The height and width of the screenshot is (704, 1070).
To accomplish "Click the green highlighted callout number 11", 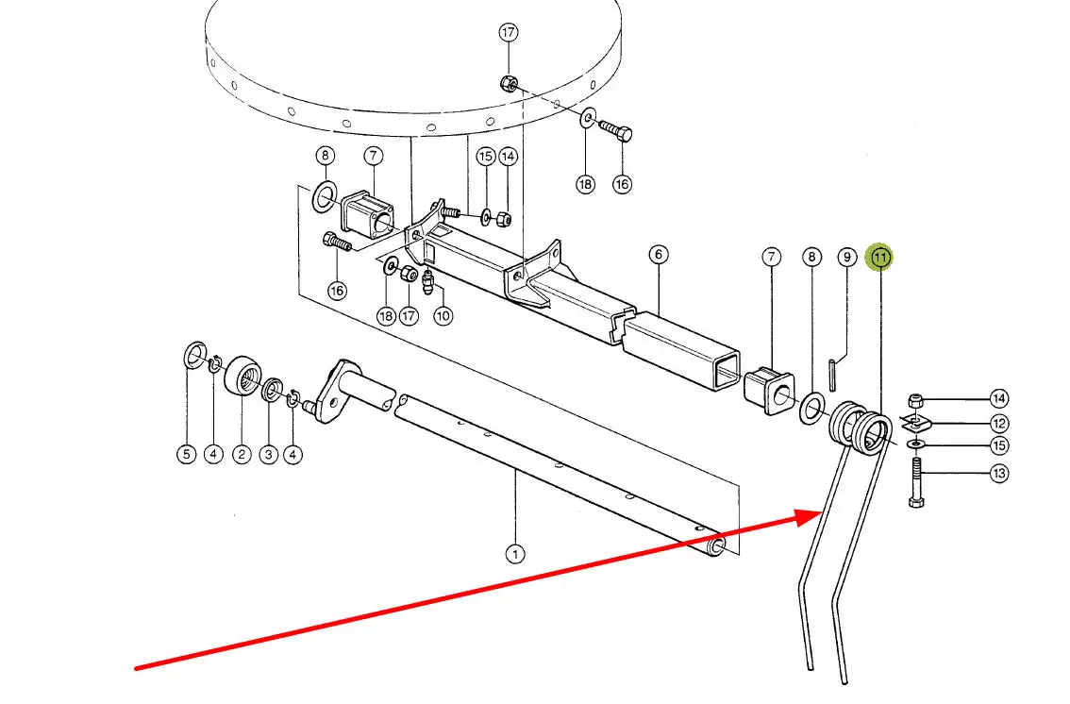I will click(x=880, y=257).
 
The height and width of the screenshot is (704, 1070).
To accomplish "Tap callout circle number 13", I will click(x=999, y=474).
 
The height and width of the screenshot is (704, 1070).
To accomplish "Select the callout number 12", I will click(x=999, y=424).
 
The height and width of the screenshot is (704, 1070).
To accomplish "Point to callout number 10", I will click(x=443, y=315).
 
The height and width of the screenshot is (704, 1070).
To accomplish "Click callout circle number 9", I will click(x=846, y=257).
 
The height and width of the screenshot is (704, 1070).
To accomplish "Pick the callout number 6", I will click(x=659, y=255).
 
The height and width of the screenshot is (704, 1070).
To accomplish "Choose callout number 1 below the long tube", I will click(x=514, y=555).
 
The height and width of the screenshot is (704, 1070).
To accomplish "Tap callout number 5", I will click(x=187, y=455).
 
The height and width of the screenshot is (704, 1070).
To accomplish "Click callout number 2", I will click(x=242, y=455).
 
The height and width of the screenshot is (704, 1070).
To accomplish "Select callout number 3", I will click(x=269, y=455).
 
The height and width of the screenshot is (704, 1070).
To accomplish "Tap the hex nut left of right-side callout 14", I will click(x=915, y=399).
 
